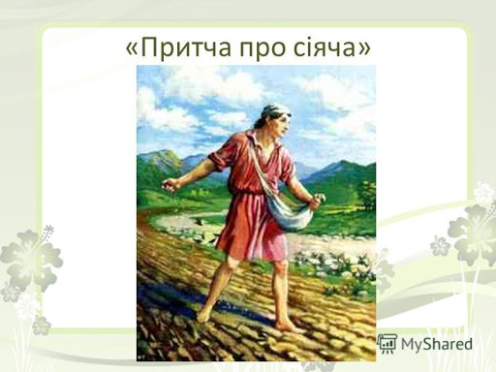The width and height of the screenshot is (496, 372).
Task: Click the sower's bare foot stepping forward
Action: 206,312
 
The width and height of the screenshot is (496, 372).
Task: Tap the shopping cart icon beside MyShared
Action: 387,343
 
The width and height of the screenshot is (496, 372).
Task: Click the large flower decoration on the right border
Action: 470,232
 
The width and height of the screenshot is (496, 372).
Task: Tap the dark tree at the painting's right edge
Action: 366,194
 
